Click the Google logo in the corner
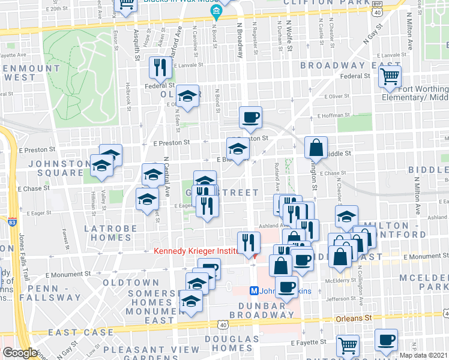click(x=20, y=353)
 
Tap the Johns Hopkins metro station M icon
click(x=254, y=291)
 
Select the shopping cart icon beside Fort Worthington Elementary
click(x=390, y=77)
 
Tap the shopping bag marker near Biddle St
click(x=316, y=148)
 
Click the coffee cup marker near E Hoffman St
click(x=250, y=117)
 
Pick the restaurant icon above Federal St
click(x=160, y=68)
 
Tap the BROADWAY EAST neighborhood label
click(x=350, y=65)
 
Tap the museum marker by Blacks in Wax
click(x=214, y=13)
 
